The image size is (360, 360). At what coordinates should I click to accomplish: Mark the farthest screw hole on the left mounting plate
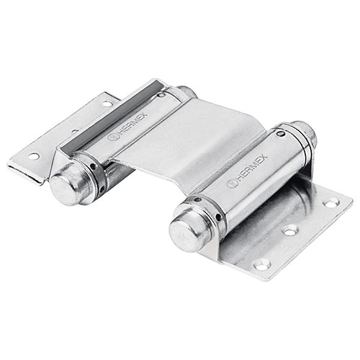[x=107, y=104]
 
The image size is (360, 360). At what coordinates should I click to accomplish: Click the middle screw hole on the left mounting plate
[x=73, y=132]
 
